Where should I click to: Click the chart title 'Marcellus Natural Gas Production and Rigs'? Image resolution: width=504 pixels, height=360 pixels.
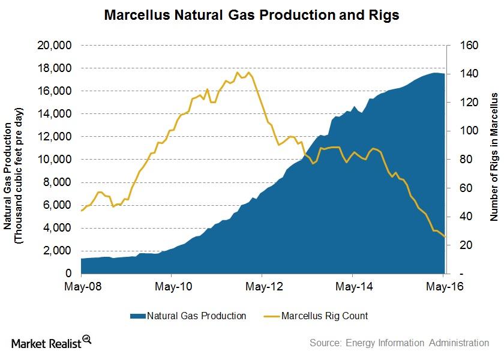251,15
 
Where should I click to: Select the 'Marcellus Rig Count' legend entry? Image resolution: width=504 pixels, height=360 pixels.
325,316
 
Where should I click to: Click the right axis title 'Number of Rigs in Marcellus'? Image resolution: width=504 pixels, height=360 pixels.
494,157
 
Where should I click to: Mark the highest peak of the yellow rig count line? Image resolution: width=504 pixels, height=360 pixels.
238,73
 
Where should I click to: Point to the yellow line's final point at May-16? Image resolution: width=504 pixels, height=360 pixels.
445,237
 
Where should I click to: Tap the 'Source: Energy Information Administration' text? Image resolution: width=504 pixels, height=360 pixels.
399,343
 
